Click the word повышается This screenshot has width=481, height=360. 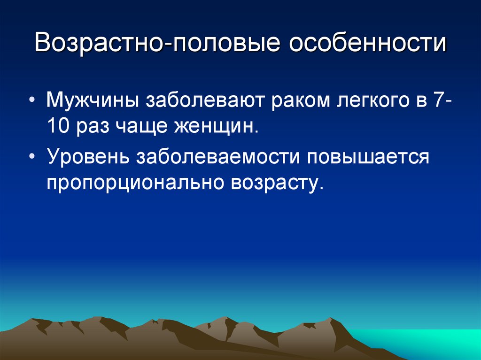point(368,157)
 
